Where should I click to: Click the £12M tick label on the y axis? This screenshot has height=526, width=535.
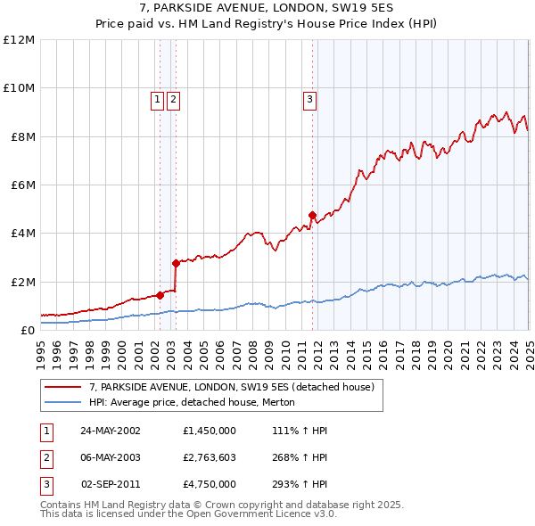[19, 40]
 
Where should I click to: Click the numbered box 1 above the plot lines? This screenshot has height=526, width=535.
[157, 100]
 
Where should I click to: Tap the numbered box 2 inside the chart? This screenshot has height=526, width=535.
[172, 100]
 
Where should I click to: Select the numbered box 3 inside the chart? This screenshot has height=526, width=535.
[309, 100]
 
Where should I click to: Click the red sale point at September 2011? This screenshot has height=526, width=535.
[312, 215]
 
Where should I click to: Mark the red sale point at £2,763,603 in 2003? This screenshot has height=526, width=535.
[176, 263]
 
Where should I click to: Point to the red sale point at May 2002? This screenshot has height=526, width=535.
[160, 295]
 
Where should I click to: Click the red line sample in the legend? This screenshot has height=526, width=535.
[64, 387]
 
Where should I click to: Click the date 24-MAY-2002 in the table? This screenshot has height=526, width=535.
[110, 431]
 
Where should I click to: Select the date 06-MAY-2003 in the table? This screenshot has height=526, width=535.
[110, 457]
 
